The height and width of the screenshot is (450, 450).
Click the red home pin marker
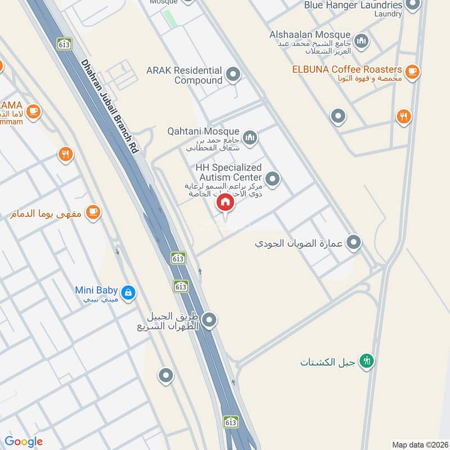(x=225, y=202)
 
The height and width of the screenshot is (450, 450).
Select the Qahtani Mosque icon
(x=250, y=137)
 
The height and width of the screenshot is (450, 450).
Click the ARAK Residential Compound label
(x=184, y=75)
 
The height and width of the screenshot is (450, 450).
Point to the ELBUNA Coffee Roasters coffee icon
(x=412, y=71)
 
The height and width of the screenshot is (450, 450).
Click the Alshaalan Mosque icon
(x=361, y=40)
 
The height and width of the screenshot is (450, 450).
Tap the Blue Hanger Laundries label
(x=353, y=5)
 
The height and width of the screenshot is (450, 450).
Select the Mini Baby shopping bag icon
(x=129, y=292)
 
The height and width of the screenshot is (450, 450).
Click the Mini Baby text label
(x=96, y=290)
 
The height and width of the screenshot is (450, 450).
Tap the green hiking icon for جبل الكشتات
(x=367, y=361)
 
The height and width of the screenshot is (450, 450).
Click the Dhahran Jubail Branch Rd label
(x=109, y=106)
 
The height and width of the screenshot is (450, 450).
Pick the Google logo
(x=24, y=442)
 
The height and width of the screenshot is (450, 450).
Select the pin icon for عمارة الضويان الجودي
(x=353, y=242)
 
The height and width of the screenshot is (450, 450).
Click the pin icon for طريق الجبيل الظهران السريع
(x=209, y=320)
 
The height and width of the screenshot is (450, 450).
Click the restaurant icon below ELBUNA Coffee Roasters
(x=403, y=116)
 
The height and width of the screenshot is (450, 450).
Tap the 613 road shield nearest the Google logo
(x=230, y=422)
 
